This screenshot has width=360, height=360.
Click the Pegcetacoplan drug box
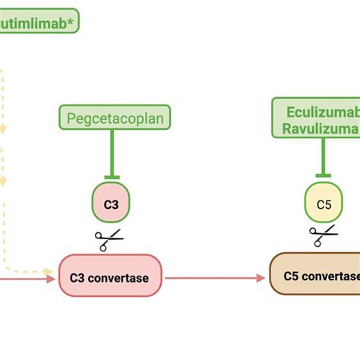115,118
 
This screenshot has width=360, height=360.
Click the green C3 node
112,203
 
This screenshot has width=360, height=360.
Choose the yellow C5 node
324,204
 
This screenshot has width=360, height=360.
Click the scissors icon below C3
109,240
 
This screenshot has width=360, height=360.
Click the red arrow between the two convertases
213,277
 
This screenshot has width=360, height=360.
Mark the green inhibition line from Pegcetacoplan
112,152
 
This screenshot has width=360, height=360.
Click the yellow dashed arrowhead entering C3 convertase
54,269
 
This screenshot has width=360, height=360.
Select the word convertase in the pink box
120,276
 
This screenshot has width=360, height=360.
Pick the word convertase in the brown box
330,276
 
